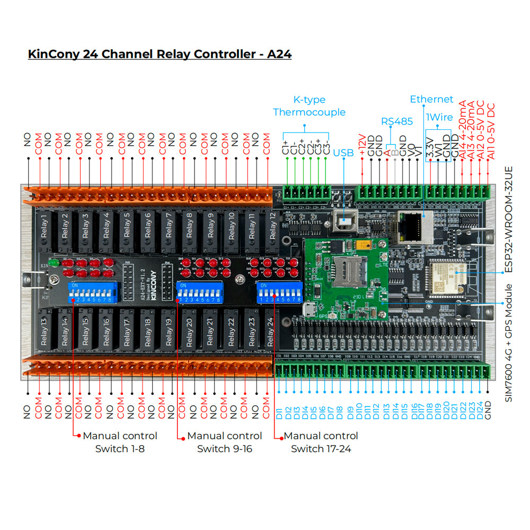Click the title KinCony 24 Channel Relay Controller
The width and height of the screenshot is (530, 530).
(x=160, y=54)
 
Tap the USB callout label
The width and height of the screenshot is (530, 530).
(x=343, y=153)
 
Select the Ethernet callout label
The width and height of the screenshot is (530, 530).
(x=431, y=99)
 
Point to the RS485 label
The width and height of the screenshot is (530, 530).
(x=396, y=121)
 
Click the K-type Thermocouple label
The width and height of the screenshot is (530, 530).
(x=309, y=106)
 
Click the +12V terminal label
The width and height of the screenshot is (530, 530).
(x=363, y=145)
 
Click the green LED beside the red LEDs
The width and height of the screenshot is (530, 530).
(x=53, y=262)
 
